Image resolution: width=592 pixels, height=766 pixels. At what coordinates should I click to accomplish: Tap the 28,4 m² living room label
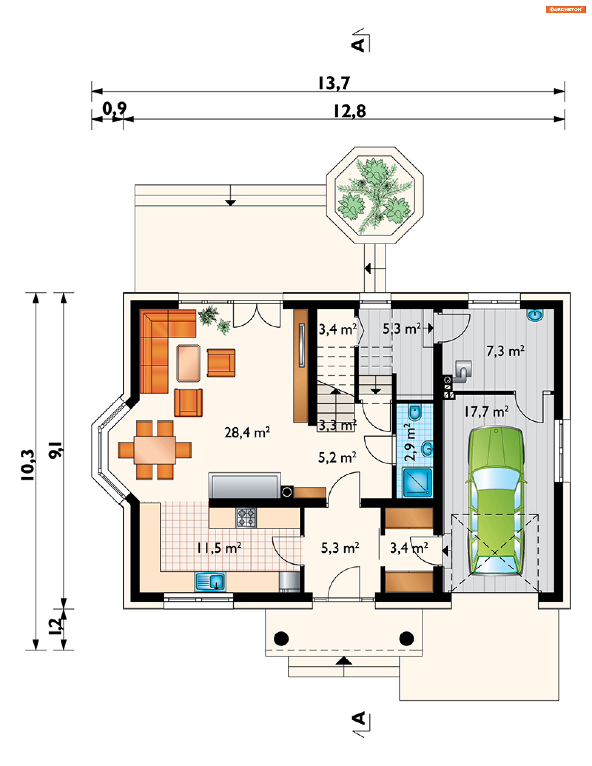coord(247,432)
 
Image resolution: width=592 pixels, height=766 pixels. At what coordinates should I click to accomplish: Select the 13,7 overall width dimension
coord(334,83)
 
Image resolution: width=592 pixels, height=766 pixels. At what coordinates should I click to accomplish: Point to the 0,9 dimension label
coord(115,109)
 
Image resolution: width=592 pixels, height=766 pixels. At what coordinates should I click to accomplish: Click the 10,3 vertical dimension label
coord(28,465)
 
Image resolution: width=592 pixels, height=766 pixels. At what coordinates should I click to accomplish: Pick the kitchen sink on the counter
coord(210,582)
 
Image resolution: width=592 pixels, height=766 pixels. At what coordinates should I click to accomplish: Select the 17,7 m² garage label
coord(487,411)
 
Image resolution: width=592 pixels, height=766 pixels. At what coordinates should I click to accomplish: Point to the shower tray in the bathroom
coord(417,483)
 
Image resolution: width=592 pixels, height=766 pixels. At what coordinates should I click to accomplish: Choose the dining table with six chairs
coord(155,450)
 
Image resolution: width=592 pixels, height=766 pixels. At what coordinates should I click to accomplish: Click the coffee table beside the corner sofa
coord(188,363)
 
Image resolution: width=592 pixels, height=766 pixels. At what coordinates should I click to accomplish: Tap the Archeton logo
coord(566,10)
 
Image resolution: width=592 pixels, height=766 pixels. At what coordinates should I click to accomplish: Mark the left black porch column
coord(281,638)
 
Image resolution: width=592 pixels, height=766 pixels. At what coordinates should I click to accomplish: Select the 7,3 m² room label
coord(505,351)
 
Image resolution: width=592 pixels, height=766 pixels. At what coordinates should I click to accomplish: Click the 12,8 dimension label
coord(349,111)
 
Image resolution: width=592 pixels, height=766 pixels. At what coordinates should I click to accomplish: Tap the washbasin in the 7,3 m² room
coord(535,315)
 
